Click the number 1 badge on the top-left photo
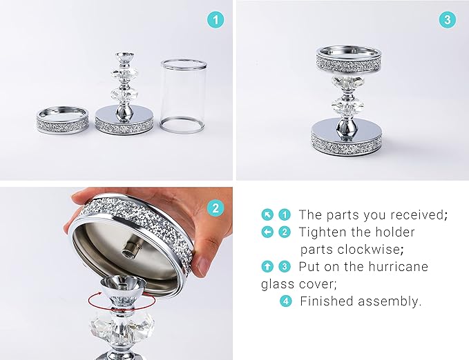(x=216, y=20)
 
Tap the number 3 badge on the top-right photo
(x=448, y=20)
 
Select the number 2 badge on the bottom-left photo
(x=216, y=208)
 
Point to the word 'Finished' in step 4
(x=327, y=301)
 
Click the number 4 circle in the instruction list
(x=285, y=301)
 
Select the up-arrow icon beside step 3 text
(x=267, y=266)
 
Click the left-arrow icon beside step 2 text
(x=267, y=232)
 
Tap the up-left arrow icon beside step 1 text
(x=267, y=214)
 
